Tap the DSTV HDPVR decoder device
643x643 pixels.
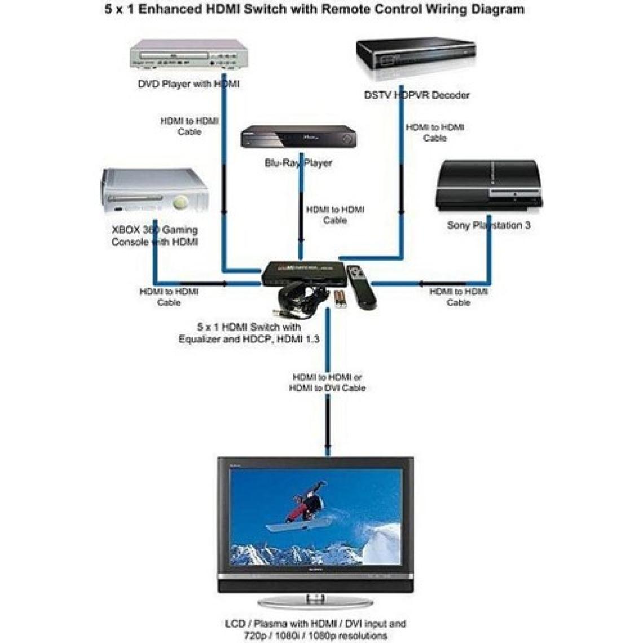point(416,59)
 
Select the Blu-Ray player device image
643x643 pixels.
point(298,136)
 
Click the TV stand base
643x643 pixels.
point(315,601)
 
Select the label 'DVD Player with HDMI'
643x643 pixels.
point(188,84)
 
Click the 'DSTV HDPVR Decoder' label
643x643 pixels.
point(416,95)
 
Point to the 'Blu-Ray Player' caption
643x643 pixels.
point(298,163)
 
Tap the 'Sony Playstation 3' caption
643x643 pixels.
point(488,225)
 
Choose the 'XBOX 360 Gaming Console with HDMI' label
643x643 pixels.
point(155,236)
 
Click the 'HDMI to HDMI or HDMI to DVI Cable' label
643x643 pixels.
point(327,382)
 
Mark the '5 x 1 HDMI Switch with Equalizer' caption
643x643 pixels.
point(249,333)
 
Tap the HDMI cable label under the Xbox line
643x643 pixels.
point(169,297)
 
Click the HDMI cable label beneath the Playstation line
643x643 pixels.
point(458,297)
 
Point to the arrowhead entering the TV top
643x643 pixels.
point(327,451)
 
